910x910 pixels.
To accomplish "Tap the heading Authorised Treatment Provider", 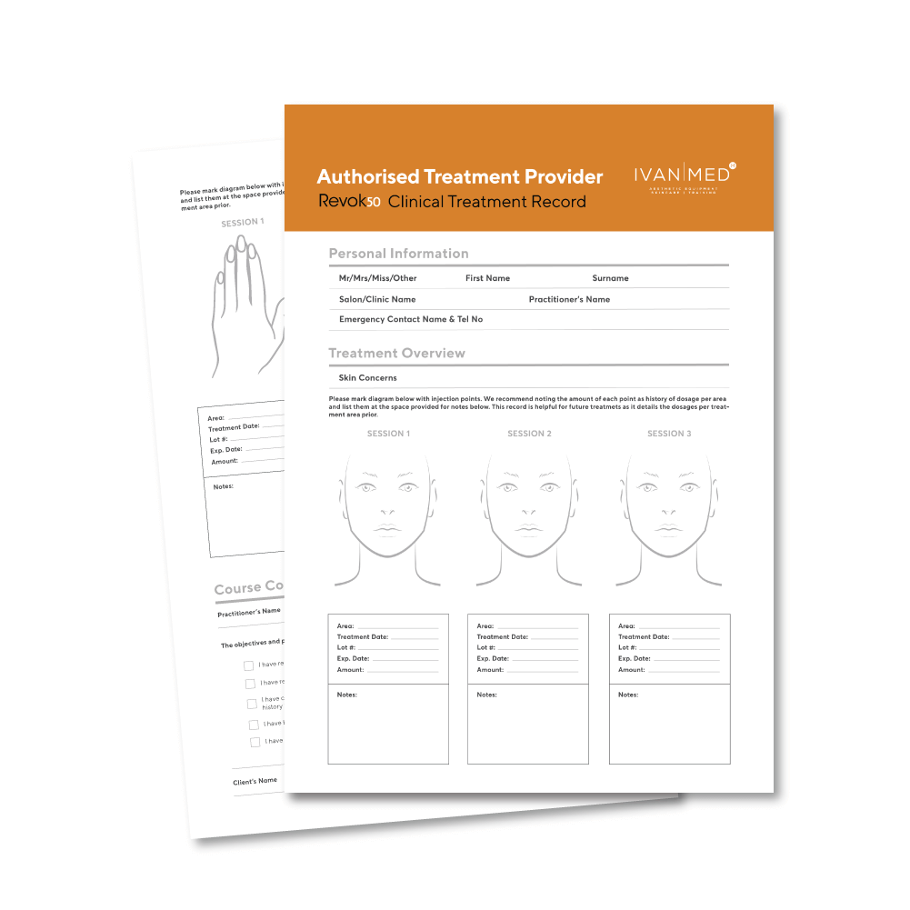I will (x=459, y=176).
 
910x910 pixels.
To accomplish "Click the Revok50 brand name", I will (x=349, y=202).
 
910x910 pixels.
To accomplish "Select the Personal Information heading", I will (x=398, y=254).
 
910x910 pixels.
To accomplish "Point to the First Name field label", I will (x=487, y=278).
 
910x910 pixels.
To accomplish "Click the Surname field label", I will (x=610, y=278).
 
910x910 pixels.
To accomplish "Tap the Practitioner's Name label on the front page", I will (x=569, y=299).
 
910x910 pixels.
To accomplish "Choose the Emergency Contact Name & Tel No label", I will (x=410, y=319).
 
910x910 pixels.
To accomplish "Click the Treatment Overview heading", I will (x=396, y=353).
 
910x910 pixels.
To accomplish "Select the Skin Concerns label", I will (x=367, y=377).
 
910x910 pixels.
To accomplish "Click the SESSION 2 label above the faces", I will (x=529, y=434).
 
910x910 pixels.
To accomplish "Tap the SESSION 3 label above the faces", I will (x=669, y=434).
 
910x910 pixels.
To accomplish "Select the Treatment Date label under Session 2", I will (x=502, y=637).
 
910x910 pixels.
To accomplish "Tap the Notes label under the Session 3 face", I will (x=628, y=695).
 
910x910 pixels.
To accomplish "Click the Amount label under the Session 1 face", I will (x=350, y=670).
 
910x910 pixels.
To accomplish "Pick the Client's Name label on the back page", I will (x=255, y=781).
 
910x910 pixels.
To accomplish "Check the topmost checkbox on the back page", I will (x=248, y=665).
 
